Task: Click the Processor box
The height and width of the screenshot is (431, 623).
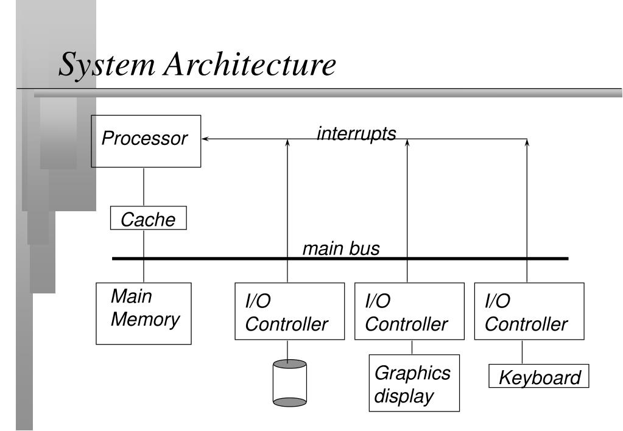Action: (146, 141)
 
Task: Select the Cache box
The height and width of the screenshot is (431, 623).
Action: (148, 219)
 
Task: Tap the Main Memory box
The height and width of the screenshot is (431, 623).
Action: (144, 313)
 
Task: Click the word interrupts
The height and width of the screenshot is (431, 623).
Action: (356, 133)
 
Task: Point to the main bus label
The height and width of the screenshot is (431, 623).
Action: (341, 248)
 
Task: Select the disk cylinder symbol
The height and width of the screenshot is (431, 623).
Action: (289, 382)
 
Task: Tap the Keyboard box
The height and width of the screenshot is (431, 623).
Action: (540, 377)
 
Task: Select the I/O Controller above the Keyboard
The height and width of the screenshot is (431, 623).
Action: (527, 311)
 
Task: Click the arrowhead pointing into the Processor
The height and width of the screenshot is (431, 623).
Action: (205, 139)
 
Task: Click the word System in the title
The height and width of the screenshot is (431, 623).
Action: (97, 65)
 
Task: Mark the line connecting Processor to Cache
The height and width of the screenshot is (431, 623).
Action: (144, 187)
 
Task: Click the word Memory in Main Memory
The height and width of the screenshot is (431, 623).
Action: (145, 320)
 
